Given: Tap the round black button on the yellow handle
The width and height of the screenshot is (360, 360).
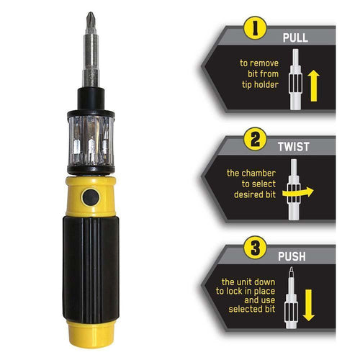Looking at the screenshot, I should (x=90, y=197).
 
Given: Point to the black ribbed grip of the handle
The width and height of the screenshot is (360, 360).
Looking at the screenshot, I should (x=90, y=266).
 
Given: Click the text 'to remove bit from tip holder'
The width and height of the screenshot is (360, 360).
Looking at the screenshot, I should (x=258, y=72).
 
